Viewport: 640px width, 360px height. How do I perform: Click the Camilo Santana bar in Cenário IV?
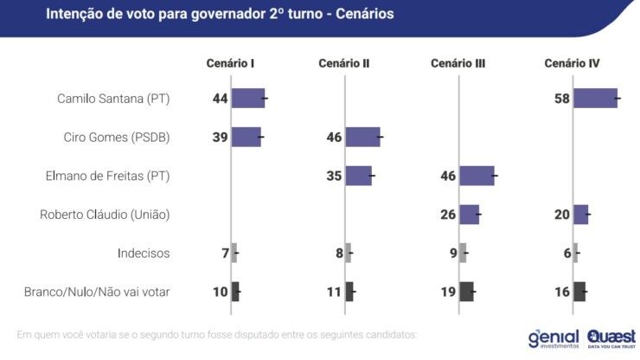tap(595, 98)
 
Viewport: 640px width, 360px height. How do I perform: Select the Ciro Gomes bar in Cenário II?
tap(362, 137)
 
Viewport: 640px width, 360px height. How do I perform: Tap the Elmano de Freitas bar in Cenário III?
tap(477, 176)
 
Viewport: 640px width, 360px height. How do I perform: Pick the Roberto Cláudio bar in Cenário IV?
tap(580, 215)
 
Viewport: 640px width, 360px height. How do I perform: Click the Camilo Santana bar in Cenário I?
tap(247, 98)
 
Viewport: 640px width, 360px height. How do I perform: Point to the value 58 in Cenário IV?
tap(561, 99)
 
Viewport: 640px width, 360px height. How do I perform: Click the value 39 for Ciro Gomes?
tap(220, 138)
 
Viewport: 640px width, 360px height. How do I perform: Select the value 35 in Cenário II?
tap(333, 177)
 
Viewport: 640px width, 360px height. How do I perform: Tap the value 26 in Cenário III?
tap(448, 215)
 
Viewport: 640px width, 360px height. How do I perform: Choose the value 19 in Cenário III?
tap(448, 292)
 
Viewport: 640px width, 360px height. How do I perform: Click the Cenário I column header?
tap(229, 63)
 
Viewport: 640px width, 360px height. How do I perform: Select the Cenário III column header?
tap(458, 63)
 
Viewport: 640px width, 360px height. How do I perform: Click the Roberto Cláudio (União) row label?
tap(105, 215)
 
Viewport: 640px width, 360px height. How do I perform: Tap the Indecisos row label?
tap(144, 254)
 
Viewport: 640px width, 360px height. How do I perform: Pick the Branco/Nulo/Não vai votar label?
tap(97, 292)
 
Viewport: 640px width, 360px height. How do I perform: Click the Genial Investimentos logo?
tap(554, 337)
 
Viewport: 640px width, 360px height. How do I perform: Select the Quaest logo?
tap(611, 337)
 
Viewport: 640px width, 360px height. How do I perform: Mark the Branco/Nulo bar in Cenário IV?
tap(579, 292)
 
